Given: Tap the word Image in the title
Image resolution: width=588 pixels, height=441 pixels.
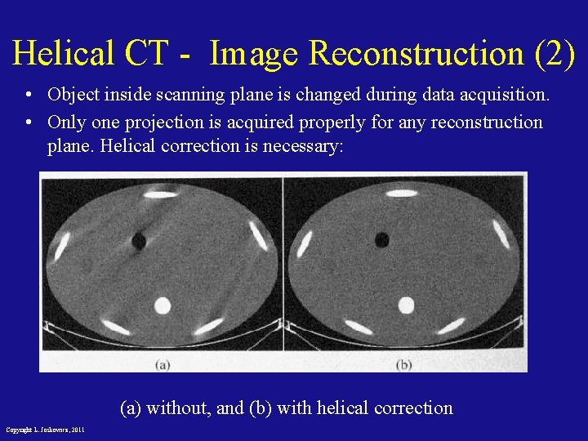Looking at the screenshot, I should [255, 54].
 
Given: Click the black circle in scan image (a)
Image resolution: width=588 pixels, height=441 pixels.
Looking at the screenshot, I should [138, 241].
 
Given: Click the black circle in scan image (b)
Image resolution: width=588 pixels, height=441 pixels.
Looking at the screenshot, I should [381, 239].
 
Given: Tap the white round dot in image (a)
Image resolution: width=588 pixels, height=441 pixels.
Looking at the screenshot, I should [162, 305].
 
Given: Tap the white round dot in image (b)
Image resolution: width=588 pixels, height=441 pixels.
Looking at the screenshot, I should [405, 305].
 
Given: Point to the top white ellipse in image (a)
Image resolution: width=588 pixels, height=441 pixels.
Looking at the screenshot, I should [157, 194].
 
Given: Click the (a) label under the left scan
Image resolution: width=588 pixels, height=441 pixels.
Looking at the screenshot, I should [163, 364].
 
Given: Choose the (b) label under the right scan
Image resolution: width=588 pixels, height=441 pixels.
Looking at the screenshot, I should [403, 364].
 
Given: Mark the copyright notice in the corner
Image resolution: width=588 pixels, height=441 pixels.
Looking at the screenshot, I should [45, 430].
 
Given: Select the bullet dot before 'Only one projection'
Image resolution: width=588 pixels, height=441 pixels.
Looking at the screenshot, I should [29, 122].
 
